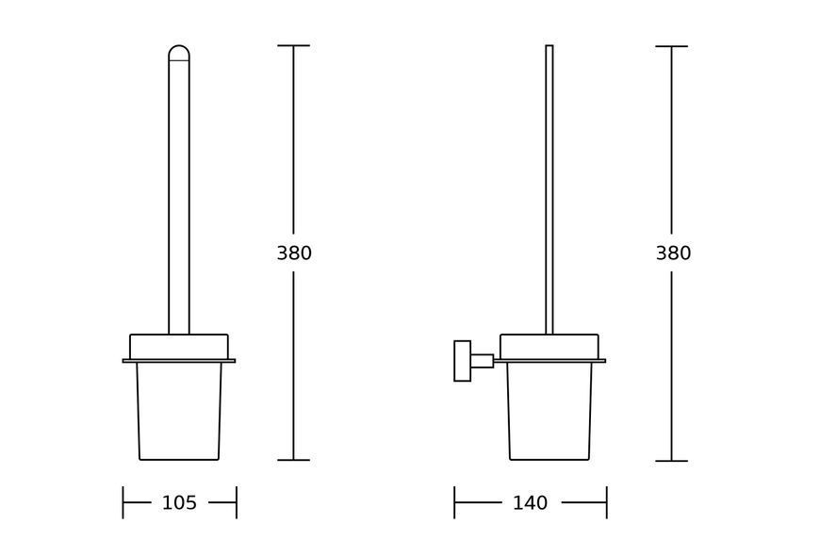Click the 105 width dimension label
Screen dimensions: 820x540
point(179,503)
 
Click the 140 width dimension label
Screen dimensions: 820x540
point(531,503)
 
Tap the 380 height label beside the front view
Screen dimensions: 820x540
point(294,253)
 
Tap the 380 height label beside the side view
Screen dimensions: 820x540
point(674,253)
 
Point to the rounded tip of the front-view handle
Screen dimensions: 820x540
point(179,52)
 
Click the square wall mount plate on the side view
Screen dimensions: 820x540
point(462,361)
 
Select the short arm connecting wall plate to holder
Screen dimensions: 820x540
point(483,361)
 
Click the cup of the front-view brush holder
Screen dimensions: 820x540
point(179,412)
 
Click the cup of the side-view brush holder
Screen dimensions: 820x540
point(549,412)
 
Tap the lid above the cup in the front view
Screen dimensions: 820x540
point(179,347)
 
